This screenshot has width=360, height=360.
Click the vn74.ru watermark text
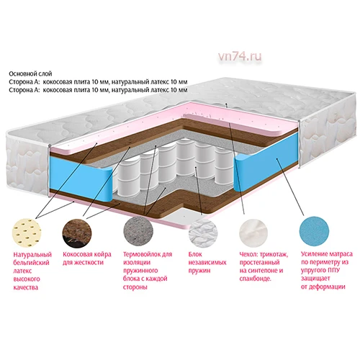[240, 57]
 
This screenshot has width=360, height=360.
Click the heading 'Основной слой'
[30, 73]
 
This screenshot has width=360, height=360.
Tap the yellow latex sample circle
[27, 233]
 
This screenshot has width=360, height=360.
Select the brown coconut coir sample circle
[77, 233]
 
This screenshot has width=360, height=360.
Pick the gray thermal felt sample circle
[138, 232]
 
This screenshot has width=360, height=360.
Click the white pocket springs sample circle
[203, 233]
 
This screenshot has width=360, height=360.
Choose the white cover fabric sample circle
[253, 233]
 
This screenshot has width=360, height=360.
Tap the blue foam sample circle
[314, 231]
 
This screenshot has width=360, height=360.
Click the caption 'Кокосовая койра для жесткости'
[87, 258]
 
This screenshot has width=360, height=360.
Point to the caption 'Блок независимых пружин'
[207, 262]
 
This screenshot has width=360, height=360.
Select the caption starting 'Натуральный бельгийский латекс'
[32, 271]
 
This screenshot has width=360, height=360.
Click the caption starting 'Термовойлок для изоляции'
[148, 271]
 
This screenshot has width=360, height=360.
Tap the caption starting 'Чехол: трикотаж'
[264, 266]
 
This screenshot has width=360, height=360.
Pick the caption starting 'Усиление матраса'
[327, 270]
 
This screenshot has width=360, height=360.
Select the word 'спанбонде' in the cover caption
[256, 279]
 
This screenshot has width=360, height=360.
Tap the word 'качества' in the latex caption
[25, 287]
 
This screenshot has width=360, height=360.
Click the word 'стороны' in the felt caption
[135, 287]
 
